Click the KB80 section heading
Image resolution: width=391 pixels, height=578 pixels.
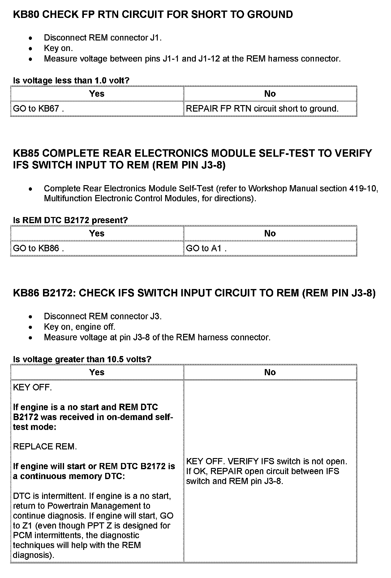pyautogui.click(x=153, y=15)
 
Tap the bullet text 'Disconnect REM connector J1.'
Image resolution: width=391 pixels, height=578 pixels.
pyautogui.click(x=103, y=38)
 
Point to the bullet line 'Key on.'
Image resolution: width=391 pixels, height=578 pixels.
pyautogui.click(x=58, y=48)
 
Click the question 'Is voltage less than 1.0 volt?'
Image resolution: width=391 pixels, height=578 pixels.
pyautogui.click(x=71, y=80)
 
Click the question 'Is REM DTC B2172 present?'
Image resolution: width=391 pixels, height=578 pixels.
pyautogui.click(x=70, y=220)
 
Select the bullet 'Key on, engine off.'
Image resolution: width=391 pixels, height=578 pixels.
pyautogui.click(x=79, y=327)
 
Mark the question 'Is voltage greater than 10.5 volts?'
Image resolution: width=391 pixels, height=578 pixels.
pyautogui.click(x=82, y=359)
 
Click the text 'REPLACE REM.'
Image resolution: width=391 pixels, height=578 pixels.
pyautogui.click(x=45, y=446)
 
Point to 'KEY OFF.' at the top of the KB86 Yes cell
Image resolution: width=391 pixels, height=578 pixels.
pyautogui.click(x=32, y=387)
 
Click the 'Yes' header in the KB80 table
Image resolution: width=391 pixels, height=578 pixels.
pyautogui.click(x=97, y=94)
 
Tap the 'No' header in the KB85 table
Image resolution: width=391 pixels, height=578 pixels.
pyautogui.click(x=270, y=233)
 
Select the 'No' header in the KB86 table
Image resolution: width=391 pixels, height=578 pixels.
pyautogui.click(x=270, y=372)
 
